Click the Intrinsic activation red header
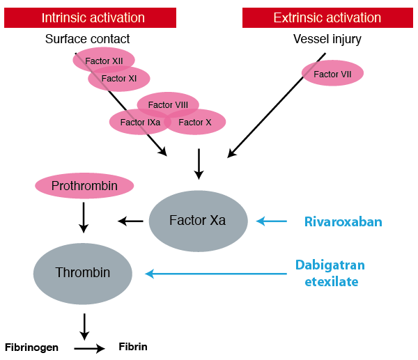click(91, 17)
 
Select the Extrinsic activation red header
click(327, 17)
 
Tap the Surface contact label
click(87, 39)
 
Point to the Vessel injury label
click(327, 39)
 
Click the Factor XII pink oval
click(104, 61)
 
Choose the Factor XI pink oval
click(119, 79)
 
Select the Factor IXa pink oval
click(139, 123)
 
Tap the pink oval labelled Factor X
click(196, 123)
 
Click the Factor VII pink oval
click(332, 74)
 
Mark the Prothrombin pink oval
click(84, 186)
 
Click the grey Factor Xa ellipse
click(198, 221)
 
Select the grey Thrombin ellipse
click(83, 273)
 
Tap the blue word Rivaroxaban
click(343, 222)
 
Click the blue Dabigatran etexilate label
click(330, 273)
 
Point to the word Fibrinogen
click(31, 347)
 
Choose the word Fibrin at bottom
click(133, 346)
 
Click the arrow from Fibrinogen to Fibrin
click(89, 347)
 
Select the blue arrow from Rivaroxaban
click(272, 221)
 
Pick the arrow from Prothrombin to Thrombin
click(84, 217)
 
